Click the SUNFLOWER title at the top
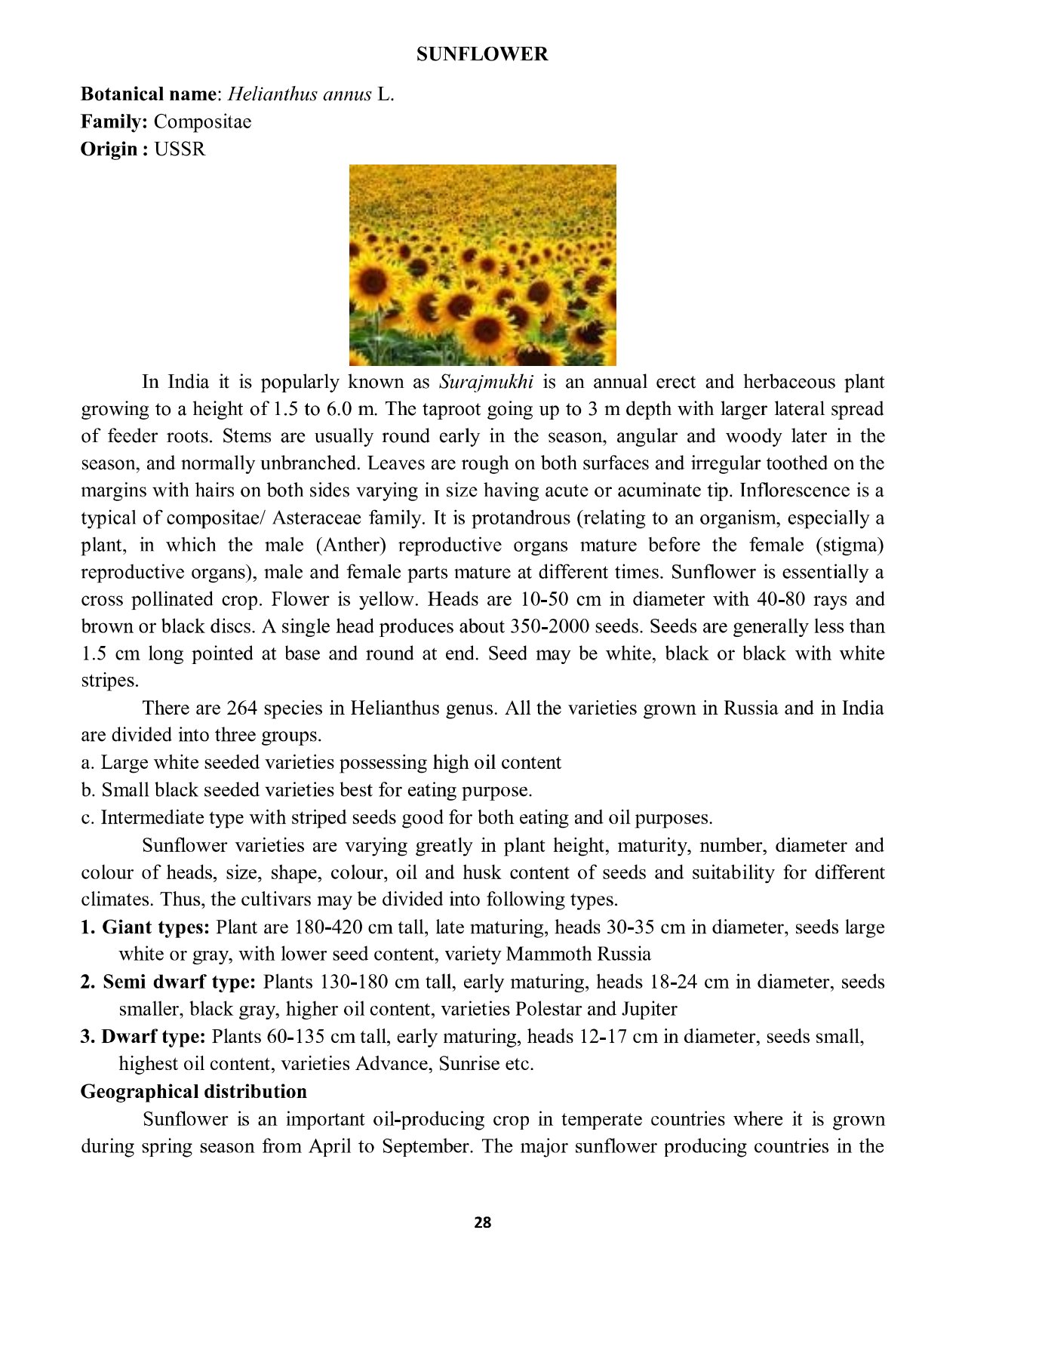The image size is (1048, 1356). coord(482,54)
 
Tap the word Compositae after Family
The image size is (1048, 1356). coord(202,121)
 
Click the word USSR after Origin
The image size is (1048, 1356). coord(180,149)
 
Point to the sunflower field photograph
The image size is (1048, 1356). coord(482,265)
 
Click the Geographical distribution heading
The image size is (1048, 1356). coord(194,1092)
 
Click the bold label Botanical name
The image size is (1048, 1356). coord(149,94)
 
